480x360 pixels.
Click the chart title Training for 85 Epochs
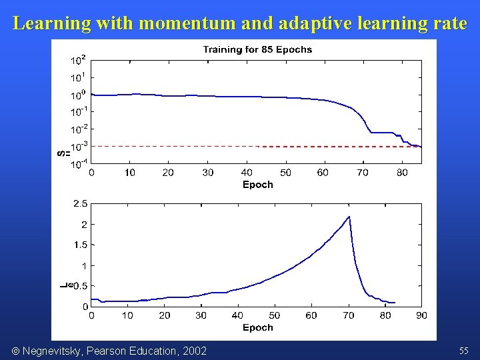pyautogui.click(x=257, y=49)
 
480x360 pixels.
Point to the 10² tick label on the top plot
pyautogui.click(x=78, y=61)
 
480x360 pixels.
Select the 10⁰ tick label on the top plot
pyautogui.click(x=78, y=95)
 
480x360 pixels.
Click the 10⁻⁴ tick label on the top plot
pyautogui.click(x=78, y=163)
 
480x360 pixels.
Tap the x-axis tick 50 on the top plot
pyautogui.click(x=285, y=173)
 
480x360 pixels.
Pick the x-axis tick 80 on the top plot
pyautogui.click(x=401, y=173)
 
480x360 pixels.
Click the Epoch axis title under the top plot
pyautogui.click(x=257, y=185)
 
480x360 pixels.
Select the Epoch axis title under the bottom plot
pyautogui.click(x=257, y=327)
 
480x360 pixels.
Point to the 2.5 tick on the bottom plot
pyautogui.click(x=80, y=203)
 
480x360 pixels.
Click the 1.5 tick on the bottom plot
pyautogui.click(x=80, y=245)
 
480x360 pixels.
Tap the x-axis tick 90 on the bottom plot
pyautogui.click(x=421, y=315)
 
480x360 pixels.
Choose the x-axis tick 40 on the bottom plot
pyautogui.click(x=237, y=315)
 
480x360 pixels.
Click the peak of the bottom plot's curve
pyautogui.click(x=349, y=217)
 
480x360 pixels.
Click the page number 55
pyautogui.click(x=463, y=351)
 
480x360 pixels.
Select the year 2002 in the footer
pyautogui.click(x=194, y=351)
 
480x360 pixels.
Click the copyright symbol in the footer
pyautogui.click(x=15, y=351)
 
